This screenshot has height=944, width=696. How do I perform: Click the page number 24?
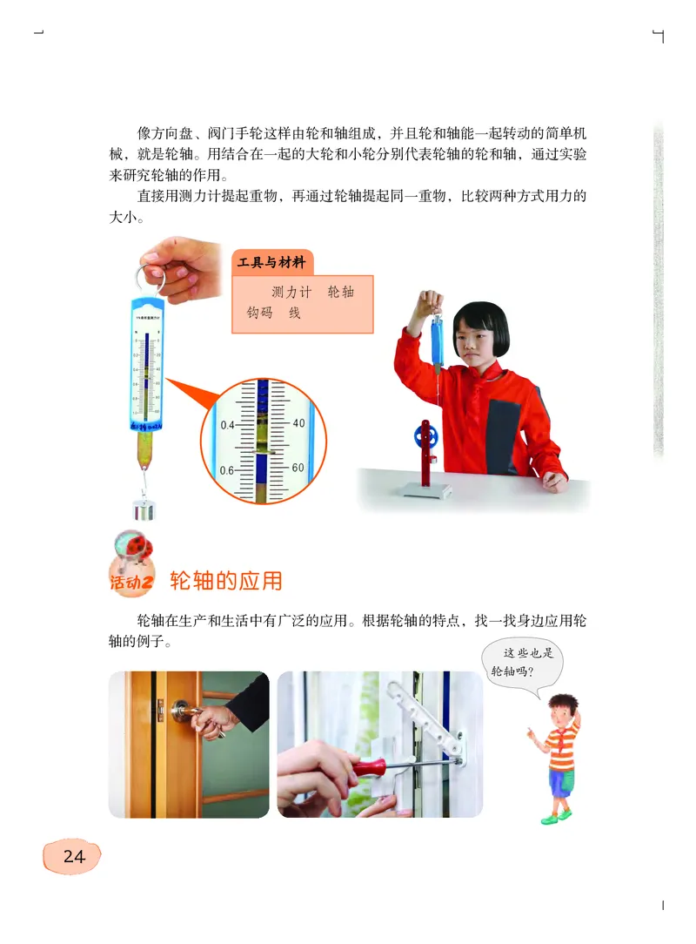[73, 857]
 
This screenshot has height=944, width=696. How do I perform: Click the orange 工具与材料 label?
[272, 262]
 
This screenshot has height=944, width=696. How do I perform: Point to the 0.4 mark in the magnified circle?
[228, 425]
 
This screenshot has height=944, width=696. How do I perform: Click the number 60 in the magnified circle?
[298, 468]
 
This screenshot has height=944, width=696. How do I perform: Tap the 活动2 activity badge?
[132, 570]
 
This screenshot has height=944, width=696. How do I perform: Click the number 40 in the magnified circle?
[298, 423]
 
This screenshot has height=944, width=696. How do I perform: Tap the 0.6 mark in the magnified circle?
[228, 470]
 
